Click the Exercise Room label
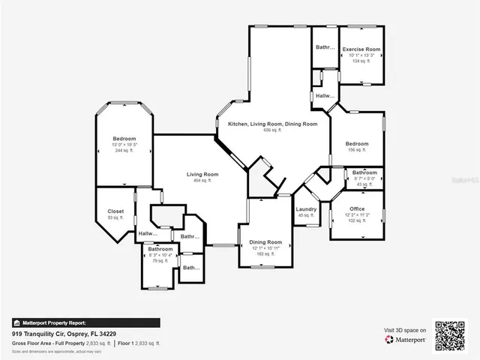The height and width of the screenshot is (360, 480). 361,49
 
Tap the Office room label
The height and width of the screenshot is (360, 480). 357,209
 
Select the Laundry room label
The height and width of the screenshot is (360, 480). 306,209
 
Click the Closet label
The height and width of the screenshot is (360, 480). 115,211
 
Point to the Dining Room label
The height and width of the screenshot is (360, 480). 265,242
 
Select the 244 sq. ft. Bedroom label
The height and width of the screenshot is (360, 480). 124,139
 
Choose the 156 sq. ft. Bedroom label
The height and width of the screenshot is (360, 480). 357,144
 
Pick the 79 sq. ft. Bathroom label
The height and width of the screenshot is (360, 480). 160,249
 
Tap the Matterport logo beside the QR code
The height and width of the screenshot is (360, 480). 406,340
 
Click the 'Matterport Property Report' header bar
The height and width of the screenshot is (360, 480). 85,322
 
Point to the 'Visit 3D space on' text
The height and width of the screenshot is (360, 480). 405,330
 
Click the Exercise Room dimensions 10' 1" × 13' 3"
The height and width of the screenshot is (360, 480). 361,55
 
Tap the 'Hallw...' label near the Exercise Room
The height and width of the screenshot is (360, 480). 325,96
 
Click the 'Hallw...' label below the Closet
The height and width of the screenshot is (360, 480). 148,234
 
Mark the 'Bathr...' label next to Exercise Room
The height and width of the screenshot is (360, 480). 324,47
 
